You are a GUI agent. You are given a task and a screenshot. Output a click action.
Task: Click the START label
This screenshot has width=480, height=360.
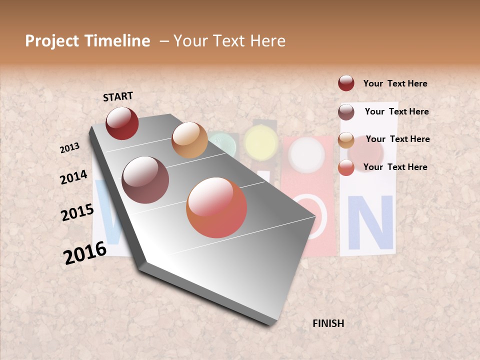click(118, 96)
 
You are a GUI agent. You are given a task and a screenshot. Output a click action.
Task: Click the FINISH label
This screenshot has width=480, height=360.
click(328, 323)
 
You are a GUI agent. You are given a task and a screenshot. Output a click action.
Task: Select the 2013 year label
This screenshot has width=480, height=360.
click(70, 147)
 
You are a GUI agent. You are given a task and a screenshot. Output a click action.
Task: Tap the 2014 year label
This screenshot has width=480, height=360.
click(73, 177)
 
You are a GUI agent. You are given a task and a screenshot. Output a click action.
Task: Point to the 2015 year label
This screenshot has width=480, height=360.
click(77, 212)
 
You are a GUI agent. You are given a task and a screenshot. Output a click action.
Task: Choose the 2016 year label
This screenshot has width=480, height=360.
click(85, 252)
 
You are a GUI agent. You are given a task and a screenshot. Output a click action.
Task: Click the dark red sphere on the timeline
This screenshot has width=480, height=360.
click(122, 123)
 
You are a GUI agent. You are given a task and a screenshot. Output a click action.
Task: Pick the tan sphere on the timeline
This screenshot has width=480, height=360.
click(189, 140)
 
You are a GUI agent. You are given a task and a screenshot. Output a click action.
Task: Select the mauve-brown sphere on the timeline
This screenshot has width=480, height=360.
click(145, 180)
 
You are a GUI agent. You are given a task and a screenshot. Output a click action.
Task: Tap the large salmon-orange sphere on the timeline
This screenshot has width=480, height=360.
click(216, 207)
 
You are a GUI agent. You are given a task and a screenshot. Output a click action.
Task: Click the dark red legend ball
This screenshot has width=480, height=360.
click(346, 83)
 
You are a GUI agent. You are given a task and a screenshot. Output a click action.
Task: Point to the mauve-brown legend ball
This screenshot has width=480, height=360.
click(346, 112)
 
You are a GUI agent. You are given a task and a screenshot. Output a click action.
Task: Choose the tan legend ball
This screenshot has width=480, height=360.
click(346, 140)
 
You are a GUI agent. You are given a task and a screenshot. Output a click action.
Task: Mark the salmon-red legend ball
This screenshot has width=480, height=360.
click(346, 167)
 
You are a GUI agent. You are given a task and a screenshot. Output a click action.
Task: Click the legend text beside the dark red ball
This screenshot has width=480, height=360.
click(395, 83)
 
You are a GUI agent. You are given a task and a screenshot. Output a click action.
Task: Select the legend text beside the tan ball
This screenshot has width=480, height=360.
click(397, 139)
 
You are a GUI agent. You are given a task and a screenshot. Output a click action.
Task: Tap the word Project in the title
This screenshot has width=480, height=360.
click(51, 41)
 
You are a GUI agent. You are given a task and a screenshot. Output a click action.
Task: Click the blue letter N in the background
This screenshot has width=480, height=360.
click(370, 222)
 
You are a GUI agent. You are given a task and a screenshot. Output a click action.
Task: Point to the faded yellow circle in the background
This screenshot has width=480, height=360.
click(260, 142)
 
